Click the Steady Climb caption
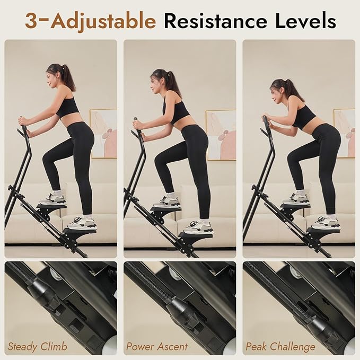click(38, 347)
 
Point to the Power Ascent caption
click(157, 347)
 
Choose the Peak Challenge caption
click(280, 347)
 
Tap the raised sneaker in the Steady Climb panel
click(52, 199)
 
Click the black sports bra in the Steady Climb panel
click(68, 108)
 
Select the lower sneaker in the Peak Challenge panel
click(325, 223)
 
